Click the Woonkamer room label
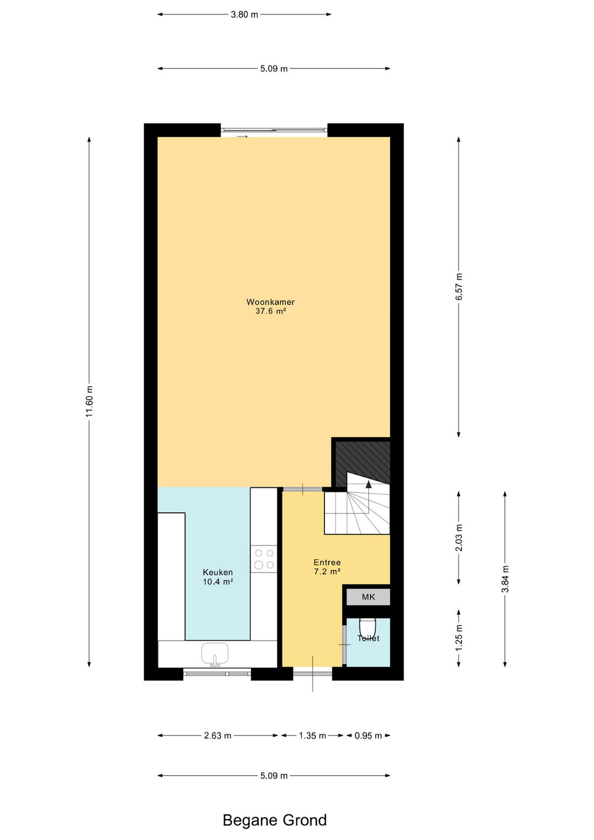point(270,302)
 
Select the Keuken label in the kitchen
point(218,572)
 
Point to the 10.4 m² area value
point(218,582)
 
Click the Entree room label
point(327,562)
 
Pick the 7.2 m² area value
point(327,572)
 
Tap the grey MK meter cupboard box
point(368,597)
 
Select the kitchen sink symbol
point(215,654)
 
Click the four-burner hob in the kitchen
point(264,559)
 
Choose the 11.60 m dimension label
point(89,401)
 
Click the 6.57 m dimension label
point(459,286)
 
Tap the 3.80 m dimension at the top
point(244,15)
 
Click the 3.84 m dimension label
point(505,579)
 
